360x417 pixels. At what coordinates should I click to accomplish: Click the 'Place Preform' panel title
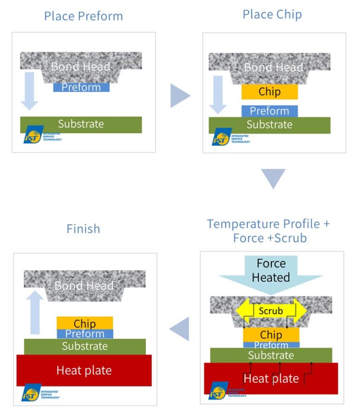pyautogui.click(x=83, y=16)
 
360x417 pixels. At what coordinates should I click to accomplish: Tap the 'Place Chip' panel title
pyautogui.click(x=272, y=14)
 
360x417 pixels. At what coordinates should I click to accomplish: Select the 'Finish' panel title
pyautogui.click(x=83, y=229)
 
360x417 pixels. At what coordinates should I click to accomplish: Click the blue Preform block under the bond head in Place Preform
pyautogui.click(x=81, y=87)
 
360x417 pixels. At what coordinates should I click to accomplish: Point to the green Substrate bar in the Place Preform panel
pyautogui.click(x=81, y=124)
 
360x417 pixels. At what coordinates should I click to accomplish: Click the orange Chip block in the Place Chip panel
pyautogui.click(x=270, y=92)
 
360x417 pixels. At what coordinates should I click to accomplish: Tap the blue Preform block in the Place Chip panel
pyautogui.click(x=270, y=111)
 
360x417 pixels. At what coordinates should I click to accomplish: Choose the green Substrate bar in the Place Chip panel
pyautogui.click(x=270, y=125)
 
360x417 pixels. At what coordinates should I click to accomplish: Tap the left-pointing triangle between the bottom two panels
pyautogui.click(x=180, y=328)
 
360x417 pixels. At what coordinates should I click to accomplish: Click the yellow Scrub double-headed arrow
pyautogui.click(x=271, y=311)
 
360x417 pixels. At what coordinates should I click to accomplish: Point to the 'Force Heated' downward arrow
pyautogui.click(x=271, y=274)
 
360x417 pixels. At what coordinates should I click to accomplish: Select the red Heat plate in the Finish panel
pyautogui.click(x=84, y=370)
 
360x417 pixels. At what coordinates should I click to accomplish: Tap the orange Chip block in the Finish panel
pyautogui.click(x=85, y=323)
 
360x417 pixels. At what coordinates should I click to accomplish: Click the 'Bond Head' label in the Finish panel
pyautogui.click(x=84, y=285)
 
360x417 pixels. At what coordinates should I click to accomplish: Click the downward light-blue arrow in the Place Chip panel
pyautogui.click(x=217, y=94)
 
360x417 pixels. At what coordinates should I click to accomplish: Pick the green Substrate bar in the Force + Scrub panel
pyautogui.click(x=271, y=355)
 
